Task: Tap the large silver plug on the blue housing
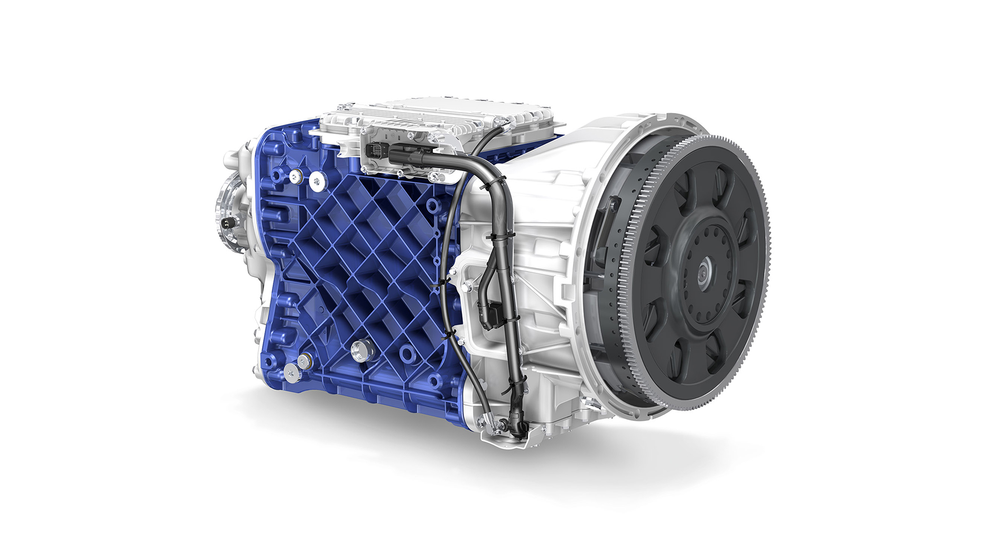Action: click(360, 349)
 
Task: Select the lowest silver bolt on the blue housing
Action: click(291, 372)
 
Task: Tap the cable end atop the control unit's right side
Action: click(504, 125)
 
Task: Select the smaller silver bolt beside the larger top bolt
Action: click(295, 176)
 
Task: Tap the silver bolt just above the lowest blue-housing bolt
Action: click(304, 362)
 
